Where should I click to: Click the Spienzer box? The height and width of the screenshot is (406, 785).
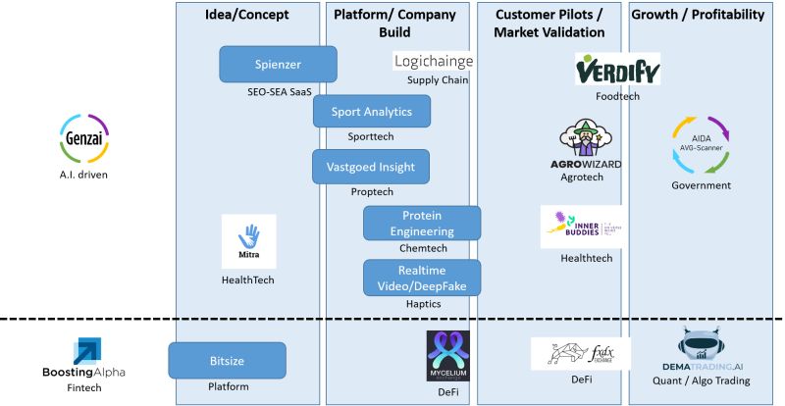(278, 65)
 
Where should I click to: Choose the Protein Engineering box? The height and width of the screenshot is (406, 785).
(422, 224)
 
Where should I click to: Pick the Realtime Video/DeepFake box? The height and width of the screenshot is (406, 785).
(422, 278)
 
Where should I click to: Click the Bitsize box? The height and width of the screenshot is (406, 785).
(227, 360)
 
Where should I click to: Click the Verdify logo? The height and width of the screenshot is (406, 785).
(617, 70)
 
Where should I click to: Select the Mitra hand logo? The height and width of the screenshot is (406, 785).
(248, 240)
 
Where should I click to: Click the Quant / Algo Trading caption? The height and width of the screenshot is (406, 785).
(701, 381)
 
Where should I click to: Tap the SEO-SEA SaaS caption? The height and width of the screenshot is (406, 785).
(279, 92)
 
